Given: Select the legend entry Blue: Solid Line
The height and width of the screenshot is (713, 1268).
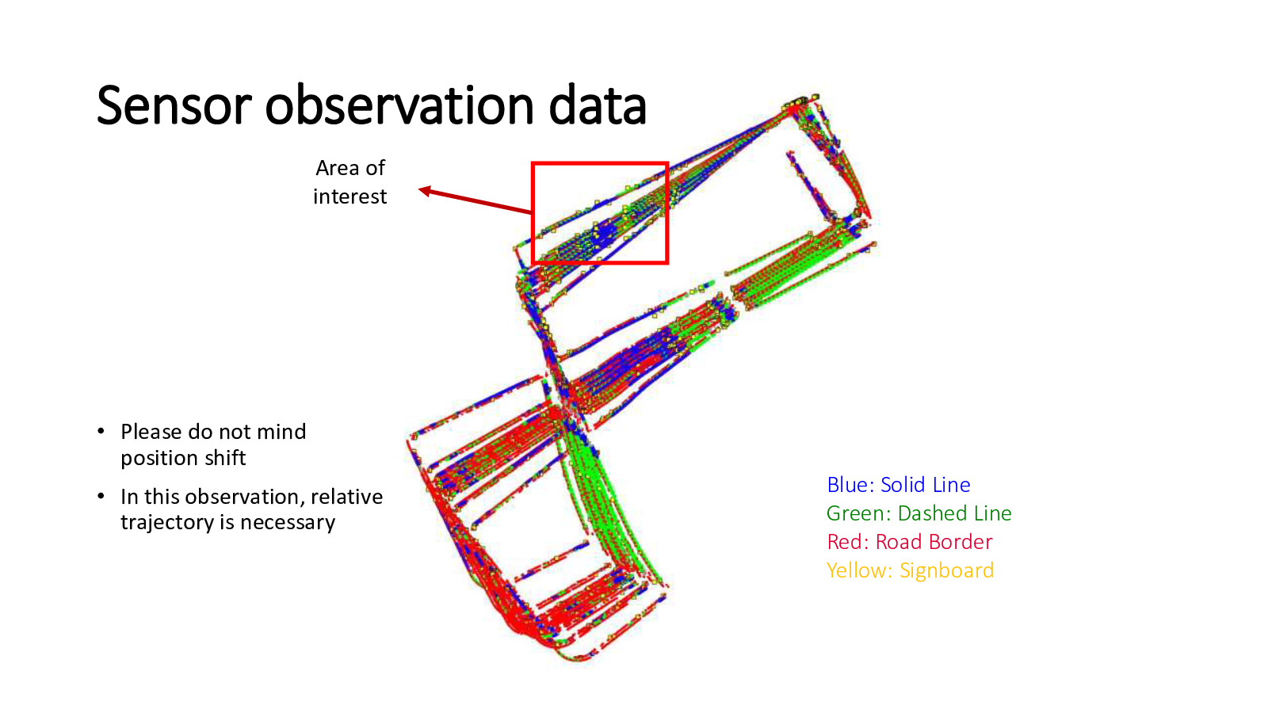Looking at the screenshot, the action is coord(899,485).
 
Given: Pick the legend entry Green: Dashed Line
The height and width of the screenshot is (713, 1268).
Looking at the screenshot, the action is coord(919,513).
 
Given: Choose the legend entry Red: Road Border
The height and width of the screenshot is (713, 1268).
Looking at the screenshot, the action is coord(910,542).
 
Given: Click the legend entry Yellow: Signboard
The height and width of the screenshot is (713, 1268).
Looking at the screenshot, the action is coord(910,570).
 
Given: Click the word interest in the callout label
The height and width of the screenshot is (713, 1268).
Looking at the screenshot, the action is coord(349,196).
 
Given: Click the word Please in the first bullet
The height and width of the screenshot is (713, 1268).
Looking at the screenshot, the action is coord(151,432).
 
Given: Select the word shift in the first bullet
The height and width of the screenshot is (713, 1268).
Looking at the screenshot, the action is coord(225,457).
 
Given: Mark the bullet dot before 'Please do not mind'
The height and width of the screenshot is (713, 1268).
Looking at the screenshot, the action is coord(101,432).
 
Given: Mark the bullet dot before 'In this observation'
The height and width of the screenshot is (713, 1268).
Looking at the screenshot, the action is coord(101,496).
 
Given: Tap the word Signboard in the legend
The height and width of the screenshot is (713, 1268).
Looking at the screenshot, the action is coord(946,570).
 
